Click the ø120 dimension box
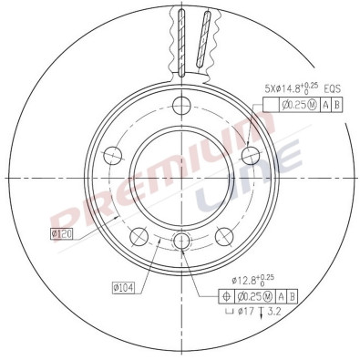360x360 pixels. pos(62,234)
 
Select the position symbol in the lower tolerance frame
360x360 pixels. pos(225,296)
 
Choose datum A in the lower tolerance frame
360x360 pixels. pos(281,296)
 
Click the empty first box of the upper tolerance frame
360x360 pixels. pos(270,105)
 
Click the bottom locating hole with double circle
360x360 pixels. pos(180,241)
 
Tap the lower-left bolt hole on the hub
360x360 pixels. pos(139,236)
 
